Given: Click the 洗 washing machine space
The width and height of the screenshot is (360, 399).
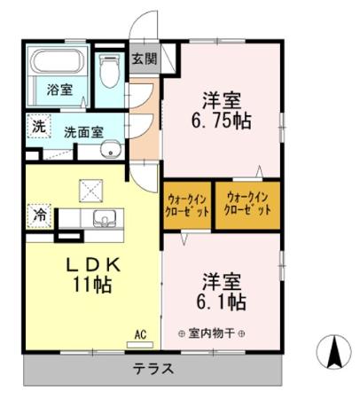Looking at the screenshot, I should [38, 127].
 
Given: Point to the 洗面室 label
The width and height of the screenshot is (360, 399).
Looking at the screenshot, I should [82, 131].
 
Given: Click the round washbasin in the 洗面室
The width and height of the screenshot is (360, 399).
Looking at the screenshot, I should [111, 150].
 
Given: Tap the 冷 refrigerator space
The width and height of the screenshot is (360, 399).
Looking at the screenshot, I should [38, 215].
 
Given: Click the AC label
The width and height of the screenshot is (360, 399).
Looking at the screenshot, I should [140, 334].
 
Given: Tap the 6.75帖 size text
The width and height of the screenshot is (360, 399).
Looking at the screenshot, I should [221, 120].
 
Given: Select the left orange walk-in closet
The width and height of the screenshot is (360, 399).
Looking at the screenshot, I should [188, 206].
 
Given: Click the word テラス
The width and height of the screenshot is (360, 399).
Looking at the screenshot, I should [154, 369].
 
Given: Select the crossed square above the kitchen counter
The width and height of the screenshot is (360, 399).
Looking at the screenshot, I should [90, 189].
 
